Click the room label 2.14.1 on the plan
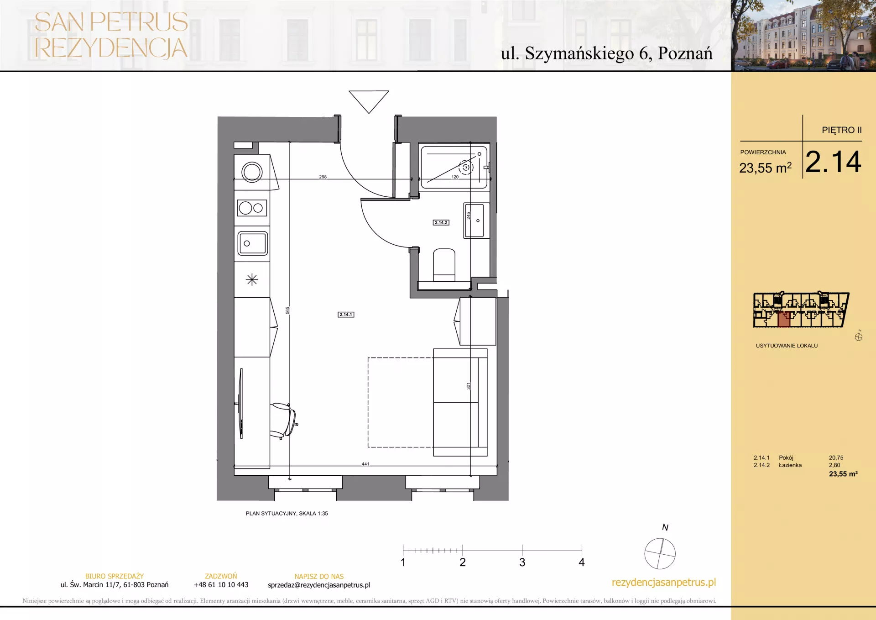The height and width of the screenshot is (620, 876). (x=346, y=315)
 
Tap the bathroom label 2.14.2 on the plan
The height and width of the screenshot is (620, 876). (x=441, y=222)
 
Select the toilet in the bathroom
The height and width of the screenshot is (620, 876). (x=444, y=265)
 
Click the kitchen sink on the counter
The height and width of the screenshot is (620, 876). (x=252, y=243)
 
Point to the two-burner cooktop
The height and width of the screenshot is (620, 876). (x=252, y=208)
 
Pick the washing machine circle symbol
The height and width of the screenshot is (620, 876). (x=252, y=173)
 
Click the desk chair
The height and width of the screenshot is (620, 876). (x=283, y=420)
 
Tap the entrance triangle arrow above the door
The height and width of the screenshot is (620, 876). (x=369, y=101)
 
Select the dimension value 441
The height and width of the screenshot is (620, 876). (x=365, y=464)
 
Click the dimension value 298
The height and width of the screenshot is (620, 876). (x=323, y=177)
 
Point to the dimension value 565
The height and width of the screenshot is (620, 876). (x=287, y=310)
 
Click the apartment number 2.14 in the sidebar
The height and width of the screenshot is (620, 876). (x=833, y=162)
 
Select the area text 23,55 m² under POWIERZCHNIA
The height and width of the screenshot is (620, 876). (x=766, y=168)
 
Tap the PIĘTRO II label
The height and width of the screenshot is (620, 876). (x=842, y=130)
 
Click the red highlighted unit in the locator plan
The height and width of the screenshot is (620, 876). (x=784, y=320)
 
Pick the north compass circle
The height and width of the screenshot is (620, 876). (x=660, y=553)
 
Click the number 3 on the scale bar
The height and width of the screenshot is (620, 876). (x=522, y=562)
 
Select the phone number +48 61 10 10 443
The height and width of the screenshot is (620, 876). (x=221, y=585)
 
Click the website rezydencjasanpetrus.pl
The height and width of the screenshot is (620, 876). (x=664, y=583)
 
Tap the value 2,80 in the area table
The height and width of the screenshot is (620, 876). (x=834, y=465)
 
